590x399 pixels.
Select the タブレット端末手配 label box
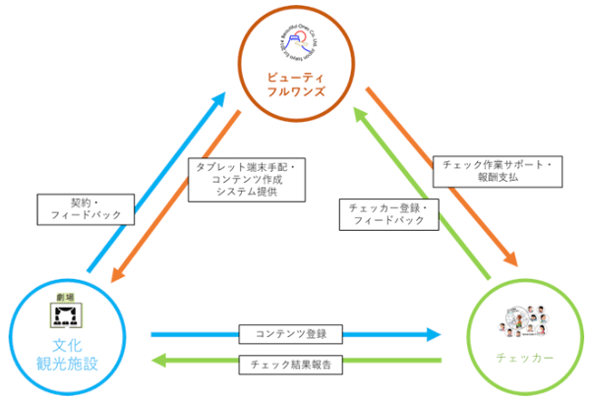click(245, 180)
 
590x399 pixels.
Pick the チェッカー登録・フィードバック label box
click(387, 214)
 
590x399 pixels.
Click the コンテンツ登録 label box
click(290, 334)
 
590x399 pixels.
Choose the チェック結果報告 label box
click(290, 365)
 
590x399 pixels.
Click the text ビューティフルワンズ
click(296, 85)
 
